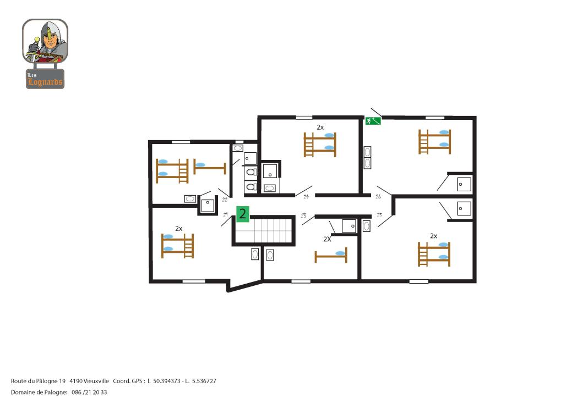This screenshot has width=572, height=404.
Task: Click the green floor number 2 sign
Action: (x=243, y=214)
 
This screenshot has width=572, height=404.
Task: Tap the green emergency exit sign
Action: (x=373, y=121)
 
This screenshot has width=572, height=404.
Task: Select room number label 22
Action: (x=225, y=200)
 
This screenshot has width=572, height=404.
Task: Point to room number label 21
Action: (x=226, y=214)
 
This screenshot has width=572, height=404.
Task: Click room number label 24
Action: (x=306, y=197)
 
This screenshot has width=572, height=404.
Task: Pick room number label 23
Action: (x=303, y=215)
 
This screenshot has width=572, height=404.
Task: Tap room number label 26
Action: (x=378, y=196)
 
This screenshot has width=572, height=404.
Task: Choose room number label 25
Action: (x=379, y=215)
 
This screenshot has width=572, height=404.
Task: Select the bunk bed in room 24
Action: (x=320, y=145)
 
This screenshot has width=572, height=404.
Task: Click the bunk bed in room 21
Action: (x=178, y=246)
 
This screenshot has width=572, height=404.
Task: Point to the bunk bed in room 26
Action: (x=434, y=142)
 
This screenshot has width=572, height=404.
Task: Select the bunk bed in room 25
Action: (x=434, y=254)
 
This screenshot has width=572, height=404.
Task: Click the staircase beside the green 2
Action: (x=264, y=230)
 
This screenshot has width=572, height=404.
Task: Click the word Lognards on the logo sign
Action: (x=45, y=82)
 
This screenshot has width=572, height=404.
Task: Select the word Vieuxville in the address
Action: (x=96, y=381)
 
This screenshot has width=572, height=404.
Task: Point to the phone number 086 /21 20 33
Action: (x=89, y=392)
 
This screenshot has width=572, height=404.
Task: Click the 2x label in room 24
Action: (x=320, y=127)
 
